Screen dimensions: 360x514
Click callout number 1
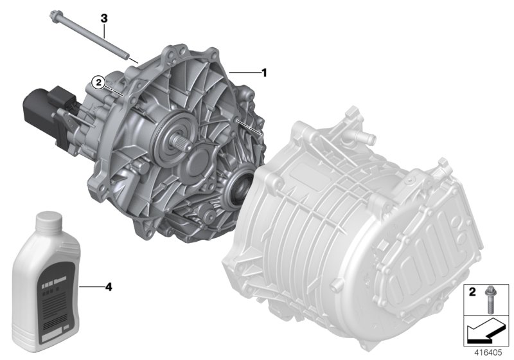263,73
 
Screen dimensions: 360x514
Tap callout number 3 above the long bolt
103,19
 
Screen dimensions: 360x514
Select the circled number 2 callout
98,82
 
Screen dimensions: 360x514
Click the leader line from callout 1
244,73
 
